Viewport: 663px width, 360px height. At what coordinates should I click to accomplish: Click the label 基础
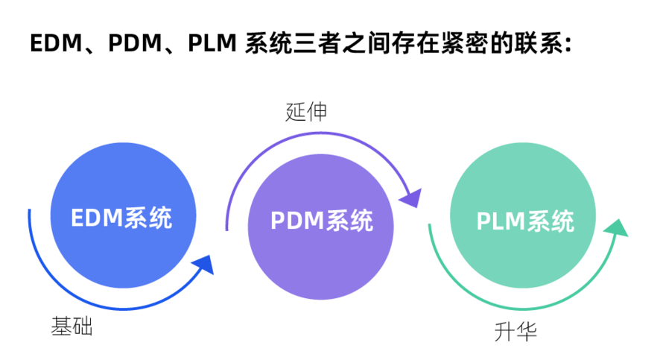pos(72,326)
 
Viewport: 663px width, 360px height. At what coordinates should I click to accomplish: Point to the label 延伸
pos(306,112)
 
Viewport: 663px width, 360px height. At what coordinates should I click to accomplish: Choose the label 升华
pos(515,331)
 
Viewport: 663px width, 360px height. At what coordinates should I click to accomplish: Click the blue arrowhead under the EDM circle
pos(203,265)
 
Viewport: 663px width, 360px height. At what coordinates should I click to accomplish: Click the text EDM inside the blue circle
pos(95,218)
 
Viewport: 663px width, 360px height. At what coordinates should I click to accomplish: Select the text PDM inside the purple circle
pos(295,221)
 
